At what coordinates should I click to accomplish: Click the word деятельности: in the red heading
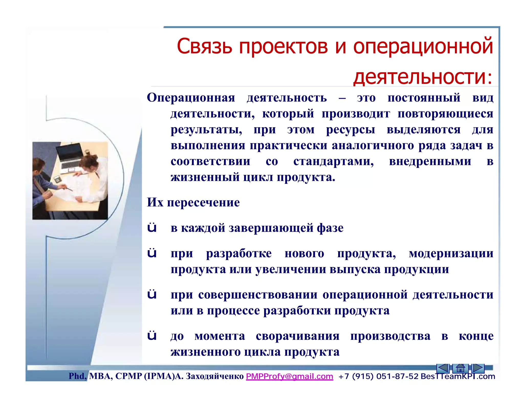pyautogui.click(x=423, y=77)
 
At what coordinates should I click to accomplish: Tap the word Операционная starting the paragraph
pyautogui.click(x=191, y=98)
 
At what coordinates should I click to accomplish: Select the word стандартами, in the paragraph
pyautogui.click(x=333, y=161)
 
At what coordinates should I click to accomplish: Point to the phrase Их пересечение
pyautogui.click(x=193, y=202)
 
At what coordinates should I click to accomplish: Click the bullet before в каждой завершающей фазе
pyautogui.click(x=152, y=228)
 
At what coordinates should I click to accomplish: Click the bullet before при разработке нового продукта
pyautogui.click(x=152, y=253)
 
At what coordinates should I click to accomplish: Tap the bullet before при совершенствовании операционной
pyautogui.click(x=152, y=294)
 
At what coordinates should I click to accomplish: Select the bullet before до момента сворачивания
pyautogui.click(x=152, y=336)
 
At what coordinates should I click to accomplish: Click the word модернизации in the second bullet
pyautogui.click(x=451, y=253)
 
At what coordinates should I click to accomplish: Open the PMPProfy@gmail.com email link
pyautogui.click(x=289, y=376)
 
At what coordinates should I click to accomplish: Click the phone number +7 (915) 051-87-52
pyautogui.click(x=378, y=376)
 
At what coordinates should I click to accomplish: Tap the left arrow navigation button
pyautogui.click(x=443, y=368)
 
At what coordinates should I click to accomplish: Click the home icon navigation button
pyautogui.click(x=460, y=368)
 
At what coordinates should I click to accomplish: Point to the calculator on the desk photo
pyautogui.click(x=57, y=179)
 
